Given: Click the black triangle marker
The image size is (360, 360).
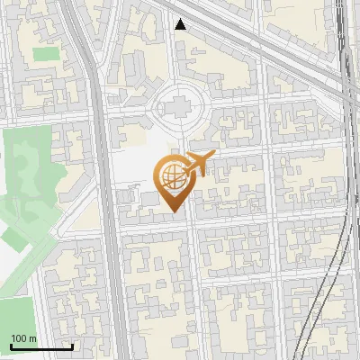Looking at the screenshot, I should coord(181,24).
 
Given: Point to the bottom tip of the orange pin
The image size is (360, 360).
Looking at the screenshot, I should coord(174,211).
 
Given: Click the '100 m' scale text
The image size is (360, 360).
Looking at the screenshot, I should coord(22,338).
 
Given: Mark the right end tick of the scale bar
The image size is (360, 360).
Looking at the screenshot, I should coord(72,346).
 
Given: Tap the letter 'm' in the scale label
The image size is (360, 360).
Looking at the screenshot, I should coord(31,338).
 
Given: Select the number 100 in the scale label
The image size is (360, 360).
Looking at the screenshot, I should coord(18,338).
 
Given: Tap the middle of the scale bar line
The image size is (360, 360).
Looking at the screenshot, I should coord(40,347).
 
